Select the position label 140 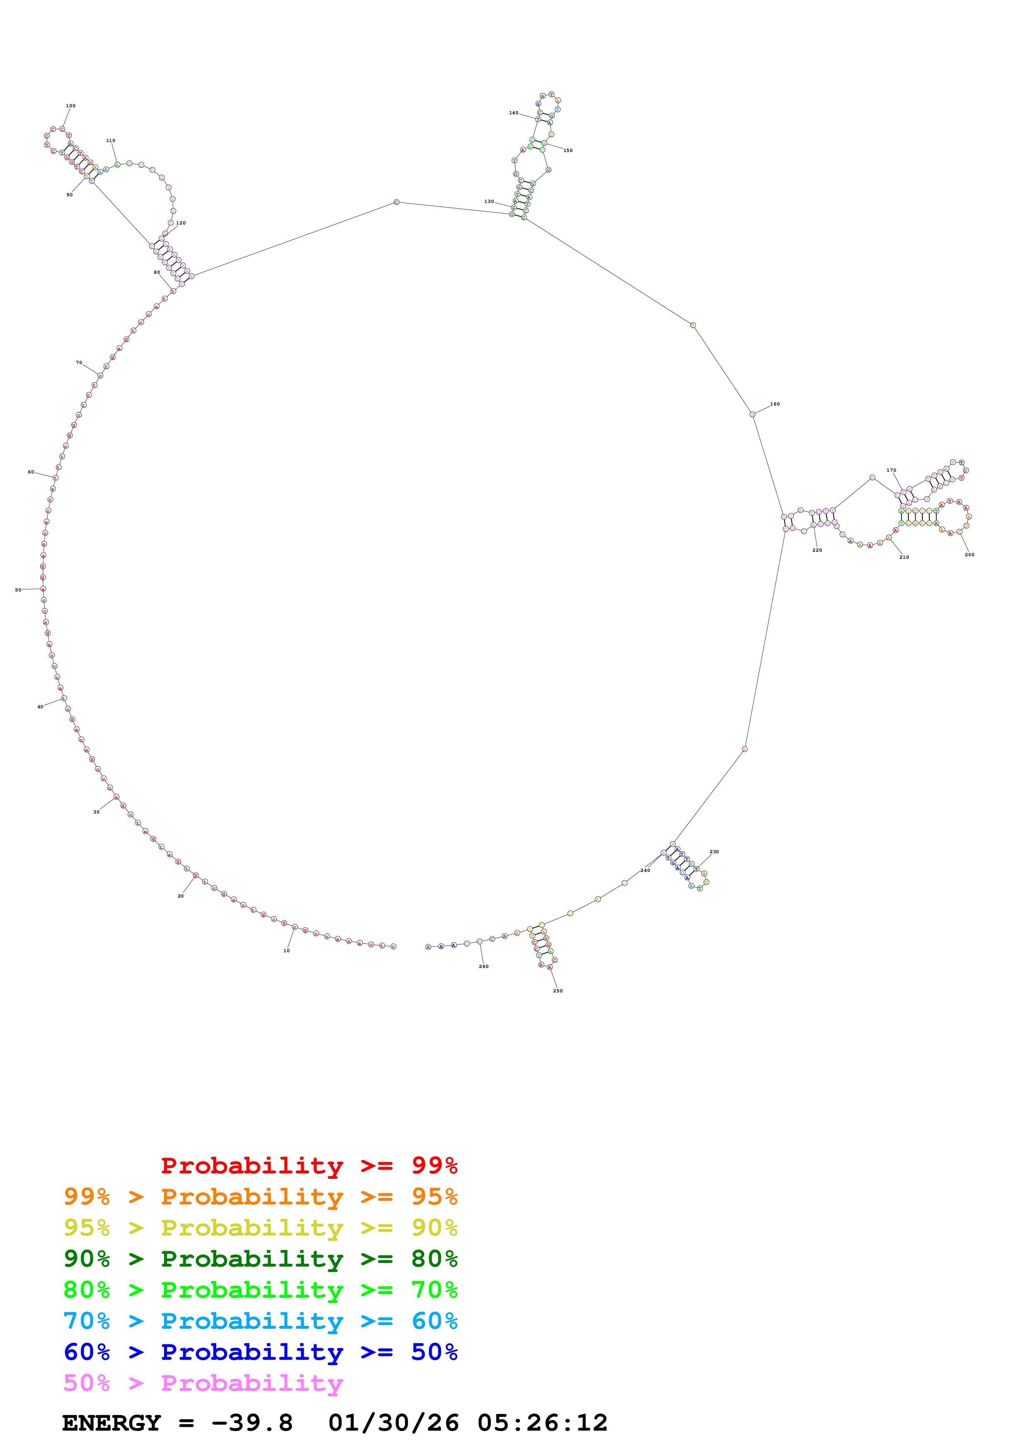[513, 113]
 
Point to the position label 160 [775, 404]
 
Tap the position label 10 [287, 951]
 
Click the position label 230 [714, 852]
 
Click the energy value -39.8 [252, 1423]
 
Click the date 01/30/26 [393, 1423]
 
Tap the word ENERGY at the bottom [111, 1423]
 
